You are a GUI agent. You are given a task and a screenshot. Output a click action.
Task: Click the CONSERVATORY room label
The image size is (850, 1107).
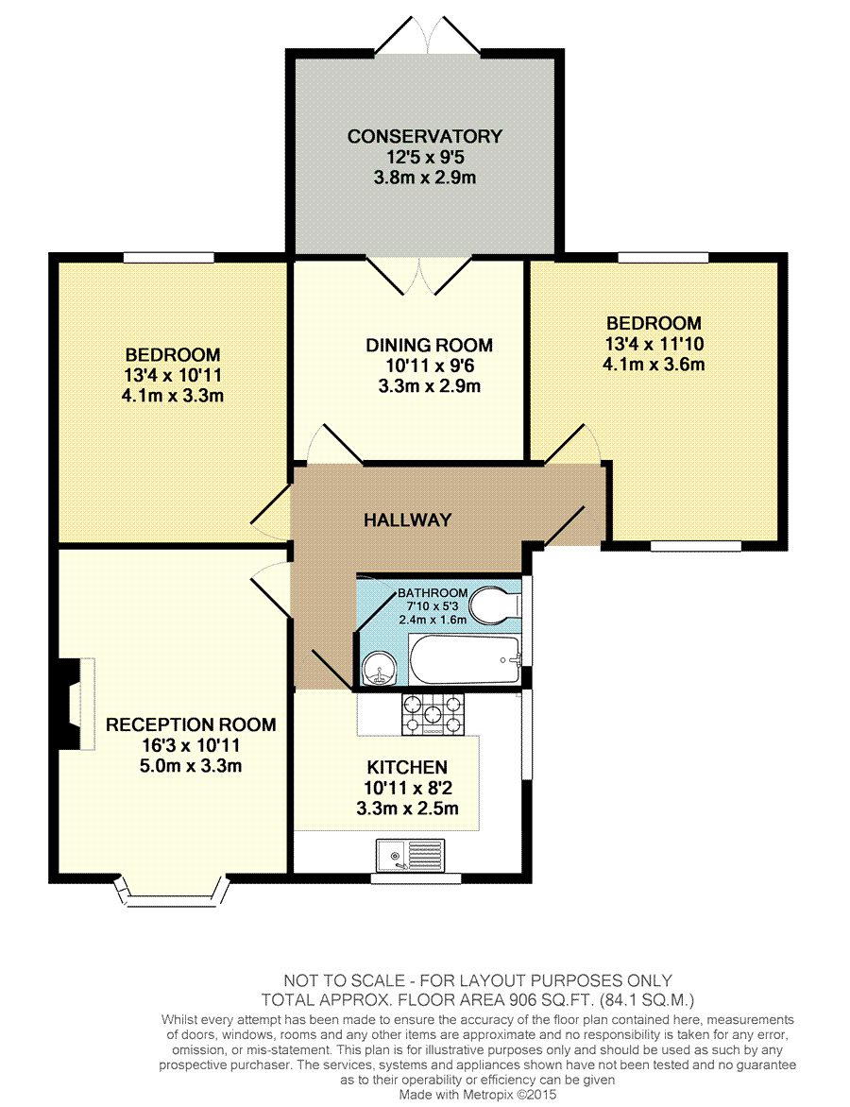pos(424,136)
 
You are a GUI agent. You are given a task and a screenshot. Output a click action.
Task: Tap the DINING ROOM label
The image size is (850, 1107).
pos(429,346)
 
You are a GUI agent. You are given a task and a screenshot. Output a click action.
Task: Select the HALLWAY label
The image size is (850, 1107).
pos(407,520)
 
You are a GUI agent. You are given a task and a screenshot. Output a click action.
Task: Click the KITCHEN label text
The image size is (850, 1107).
pos(407,767)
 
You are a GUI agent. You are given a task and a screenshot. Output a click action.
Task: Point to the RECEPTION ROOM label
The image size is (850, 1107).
pos(191,725)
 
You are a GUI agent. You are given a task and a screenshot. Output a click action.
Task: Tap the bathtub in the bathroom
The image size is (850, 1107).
pos(465,659)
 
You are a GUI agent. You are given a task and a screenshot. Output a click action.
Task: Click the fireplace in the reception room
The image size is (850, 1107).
pos(76,704)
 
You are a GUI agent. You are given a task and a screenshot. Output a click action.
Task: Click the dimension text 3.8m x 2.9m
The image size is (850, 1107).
pos(425,178)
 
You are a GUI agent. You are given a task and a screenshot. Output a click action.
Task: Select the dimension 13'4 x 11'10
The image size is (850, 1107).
pos(654,344)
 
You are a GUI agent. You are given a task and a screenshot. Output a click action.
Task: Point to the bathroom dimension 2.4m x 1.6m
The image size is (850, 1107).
pos(433,620)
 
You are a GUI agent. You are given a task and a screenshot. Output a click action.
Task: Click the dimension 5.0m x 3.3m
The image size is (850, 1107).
pos(191,765)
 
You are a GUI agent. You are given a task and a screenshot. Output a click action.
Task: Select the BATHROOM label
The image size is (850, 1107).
pos(433,593)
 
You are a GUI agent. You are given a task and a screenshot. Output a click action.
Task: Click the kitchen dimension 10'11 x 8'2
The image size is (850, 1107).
pos(407,788)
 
